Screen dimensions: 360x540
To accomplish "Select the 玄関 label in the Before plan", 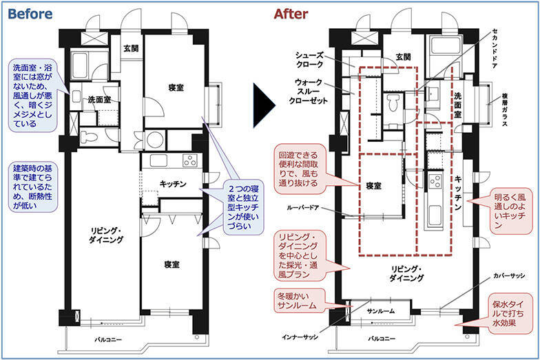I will coord(132,48).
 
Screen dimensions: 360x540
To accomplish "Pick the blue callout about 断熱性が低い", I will coord(33,186).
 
